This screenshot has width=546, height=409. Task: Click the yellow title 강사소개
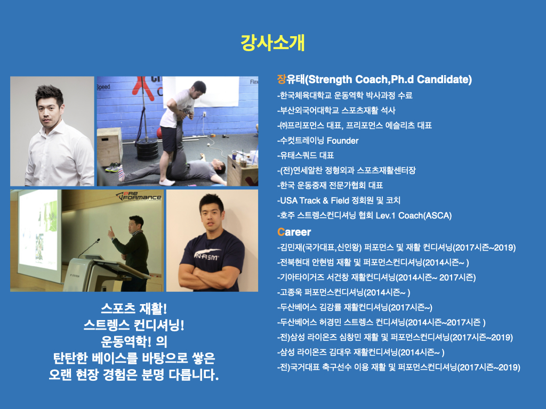click(x=272, y=43)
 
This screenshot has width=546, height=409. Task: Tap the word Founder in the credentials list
click(x=343, y=141)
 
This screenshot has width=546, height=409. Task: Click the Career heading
click(x=294, y=232)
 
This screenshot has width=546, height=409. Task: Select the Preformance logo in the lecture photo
click(x=139, y=197)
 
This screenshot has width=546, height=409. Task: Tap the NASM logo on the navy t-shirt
click(x=207, y=256)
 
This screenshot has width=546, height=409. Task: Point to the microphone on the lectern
click(x=89, y=248)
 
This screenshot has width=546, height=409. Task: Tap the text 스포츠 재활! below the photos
click(x=134, y=308)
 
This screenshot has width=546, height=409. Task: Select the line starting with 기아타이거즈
click(x=376, y=277)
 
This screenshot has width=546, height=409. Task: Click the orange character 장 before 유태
click(x=282, y=79)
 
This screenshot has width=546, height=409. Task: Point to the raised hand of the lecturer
click(x=111, y=232)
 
